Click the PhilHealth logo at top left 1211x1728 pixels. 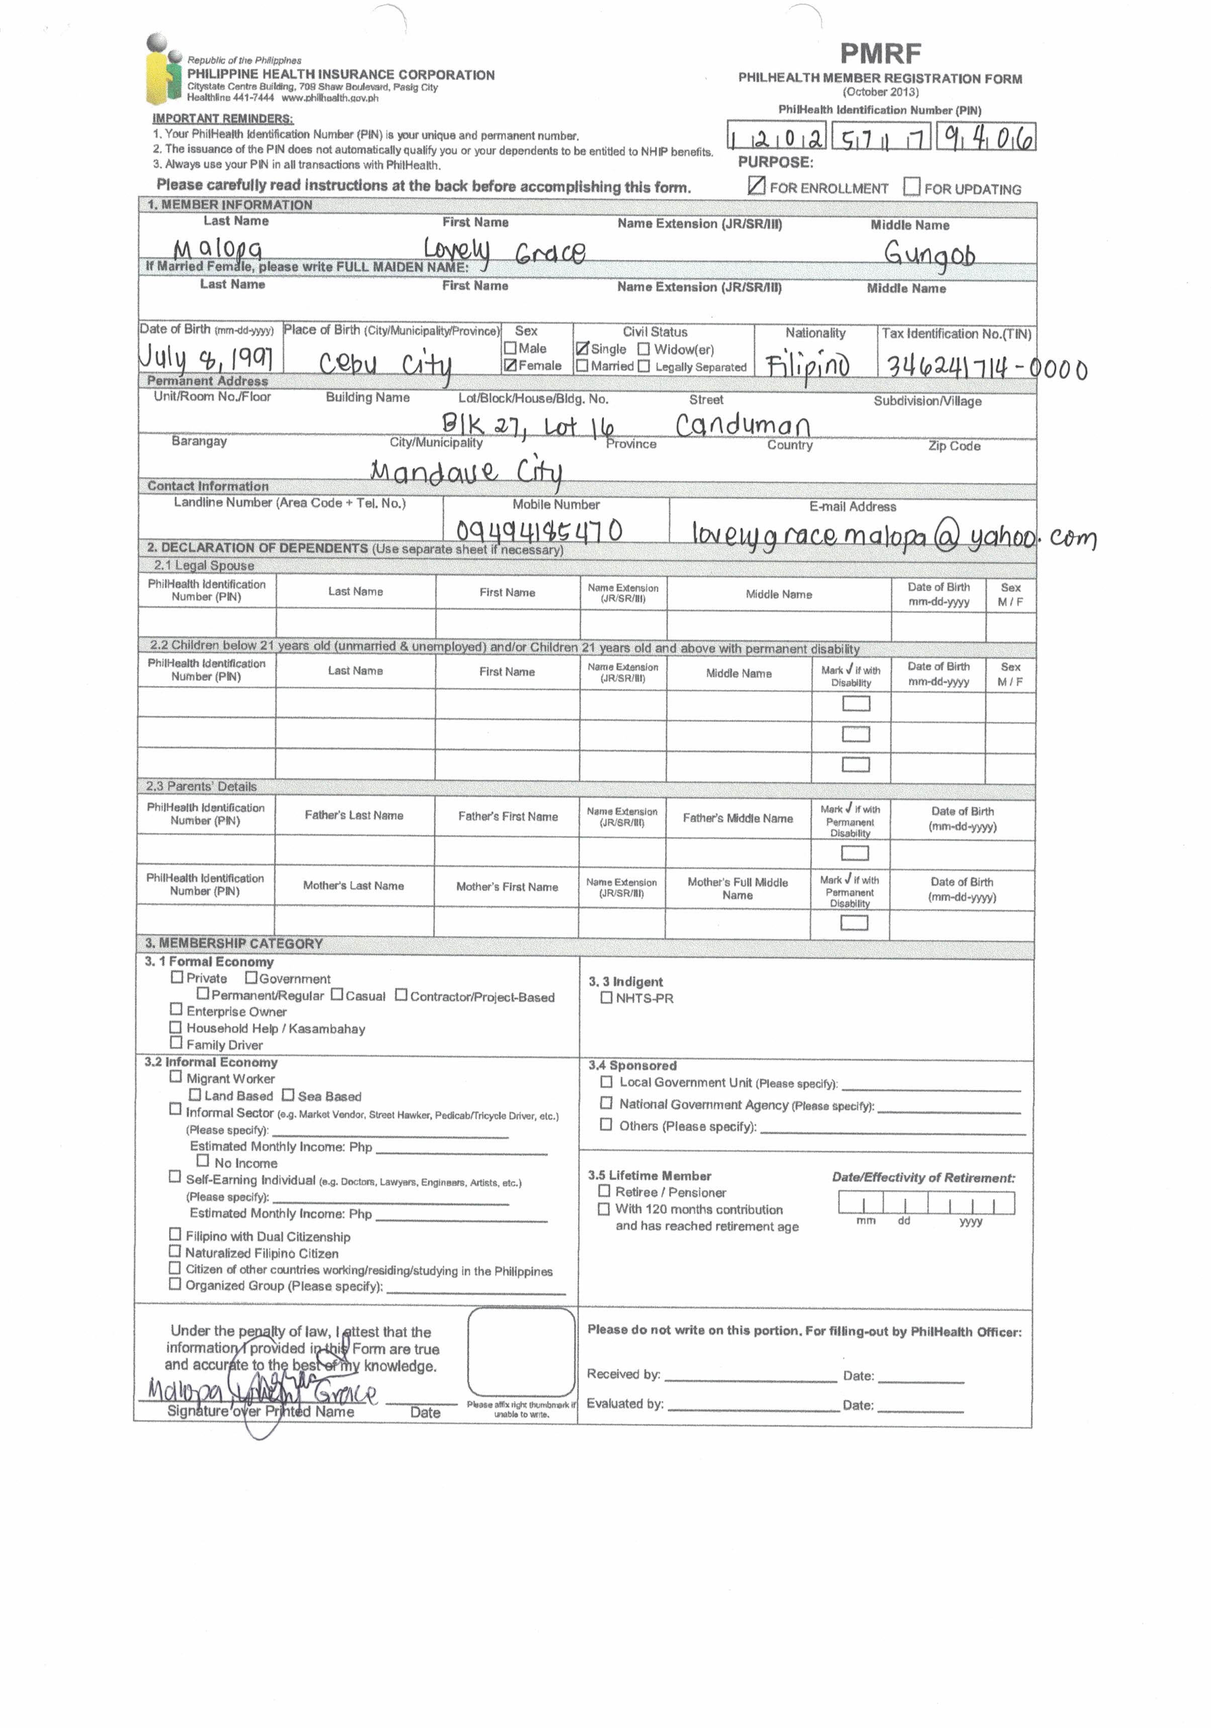(164, 69)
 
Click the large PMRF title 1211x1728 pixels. (880, 53)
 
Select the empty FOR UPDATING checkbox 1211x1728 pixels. (911, 186)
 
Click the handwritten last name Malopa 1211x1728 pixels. (218, 249)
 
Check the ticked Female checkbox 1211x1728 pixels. (510, 365)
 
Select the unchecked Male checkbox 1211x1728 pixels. (510, 348)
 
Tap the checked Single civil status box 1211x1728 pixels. (582, 348)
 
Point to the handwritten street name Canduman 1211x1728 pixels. (742, 426)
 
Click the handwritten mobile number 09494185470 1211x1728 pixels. (539, 530)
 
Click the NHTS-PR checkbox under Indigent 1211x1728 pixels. (606, 997)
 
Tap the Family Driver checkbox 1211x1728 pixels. (176, 1042)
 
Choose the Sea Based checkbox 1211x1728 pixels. (288, 1095)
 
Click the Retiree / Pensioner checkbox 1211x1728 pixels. (604, 1191)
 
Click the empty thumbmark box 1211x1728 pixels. (521, 1352)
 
